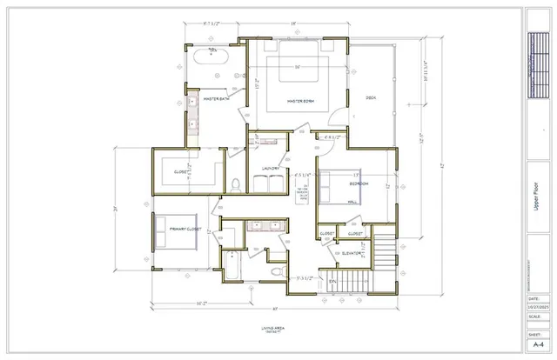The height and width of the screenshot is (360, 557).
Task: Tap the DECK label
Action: point(370,97)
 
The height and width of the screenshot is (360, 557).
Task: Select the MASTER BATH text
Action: point(216,99)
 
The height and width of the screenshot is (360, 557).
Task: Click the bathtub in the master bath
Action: point(209,57)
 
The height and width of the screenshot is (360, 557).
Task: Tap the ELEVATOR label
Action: point(352,254)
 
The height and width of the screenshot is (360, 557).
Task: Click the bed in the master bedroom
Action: point(301,70)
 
